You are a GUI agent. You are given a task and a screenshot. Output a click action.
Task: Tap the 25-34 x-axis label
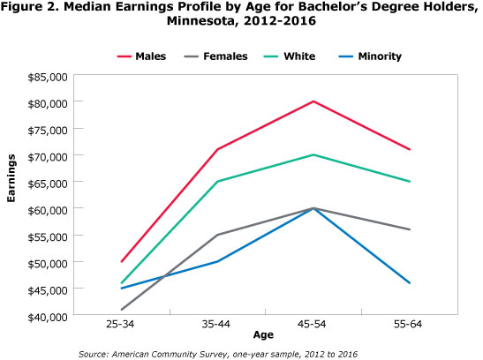tap(121, 326)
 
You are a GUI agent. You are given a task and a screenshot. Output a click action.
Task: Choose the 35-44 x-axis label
tap(217, 326)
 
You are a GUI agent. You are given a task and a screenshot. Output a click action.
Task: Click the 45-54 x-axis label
tap(313, 326)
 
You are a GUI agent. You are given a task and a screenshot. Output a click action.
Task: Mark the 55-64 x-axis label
tap(410, 326)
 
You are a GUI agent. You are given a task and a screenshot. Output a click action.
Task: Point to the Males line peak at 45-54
tap(313, 101)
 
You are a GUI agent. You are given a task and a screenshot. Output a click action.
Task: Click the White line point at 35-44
tap(217, 182)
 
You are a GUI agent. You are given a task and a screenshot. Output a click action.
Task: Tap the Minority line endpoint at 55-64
tap(410, 282)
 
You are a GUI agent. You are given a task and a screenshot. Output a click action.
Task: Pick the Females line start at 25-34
tap(121, 310)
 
